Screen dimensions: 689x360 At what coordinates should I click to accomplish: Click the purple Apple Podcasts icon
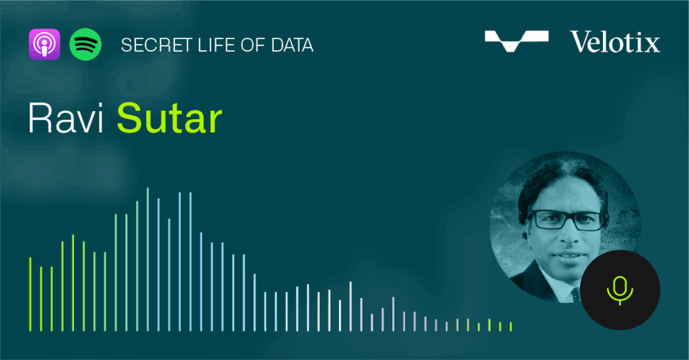pyautogui.click(x=44, y=44)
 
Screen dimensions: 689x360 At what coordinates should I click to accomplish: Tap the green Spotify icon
pyautogui.click(x=85, y=44)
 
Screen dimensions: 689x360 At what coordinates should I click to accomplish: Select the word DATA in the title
pyautogui.click(x=292, y=45)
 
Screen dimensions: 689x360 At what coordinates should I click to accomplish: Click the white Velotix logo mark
pyautogui.click(x=516, y=41)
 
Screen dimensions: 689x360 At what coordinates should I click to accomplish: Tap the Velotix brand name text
pyautogui.click(x=615, y=42)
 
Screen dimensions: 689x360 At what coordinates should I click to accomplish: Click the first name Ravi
pyautogui.click(x=65, y=118)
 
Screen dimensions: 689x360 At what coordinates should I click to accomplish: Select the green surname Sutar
pyautogui.click(x=170, y=118)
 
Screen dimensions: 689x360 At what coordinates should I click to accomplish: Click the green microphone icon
pyautogui.click(x=620, y=291)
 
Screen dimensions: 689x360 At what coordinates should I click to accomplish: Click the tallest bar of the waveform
pyautogui.click(x=147, y=259)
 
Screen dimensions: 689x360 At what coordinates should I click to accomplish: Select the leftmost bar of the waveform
pyautogui.click(x=30, y=294)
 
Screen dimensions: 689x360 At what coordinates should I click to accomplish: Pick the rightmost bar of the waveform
pyautogui.click(x=511, y=326)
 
